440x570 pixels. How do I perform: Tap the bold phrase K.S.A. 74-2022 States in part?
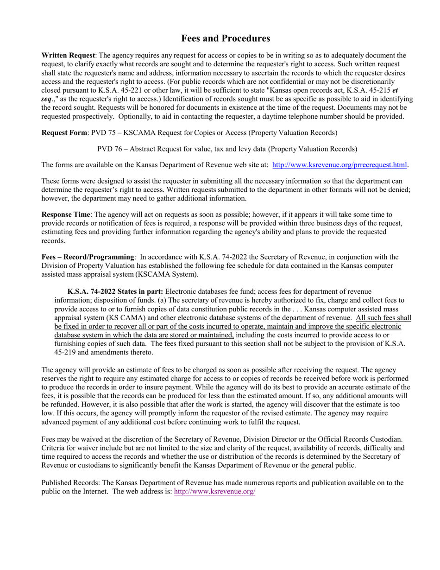[x=115, y=291]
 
